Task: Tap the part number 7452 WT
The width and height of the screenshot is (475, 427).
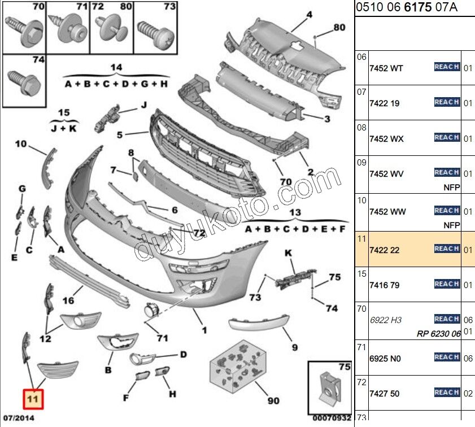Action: (386, 68)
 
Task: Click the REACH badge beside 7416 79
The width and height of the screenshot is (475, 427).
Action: (446, 284)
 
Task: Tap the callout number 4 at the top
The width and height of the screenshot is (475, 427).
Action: (310, 14)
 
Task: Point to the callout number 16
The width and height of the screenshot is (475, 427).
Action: (68, 300)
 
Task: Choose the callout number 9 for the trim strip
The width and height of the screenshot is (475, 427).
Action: (294, 347)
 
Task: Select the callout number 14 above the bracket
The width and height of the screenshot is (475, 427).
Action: (116, 68)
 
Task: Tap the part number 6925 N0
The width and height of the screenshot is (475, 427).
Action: (384, 359)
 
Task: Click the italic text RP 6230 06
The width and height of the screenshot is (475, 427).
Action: (439, 334)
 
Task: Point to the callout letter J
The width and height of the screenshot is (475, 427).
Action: (143, 104)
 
